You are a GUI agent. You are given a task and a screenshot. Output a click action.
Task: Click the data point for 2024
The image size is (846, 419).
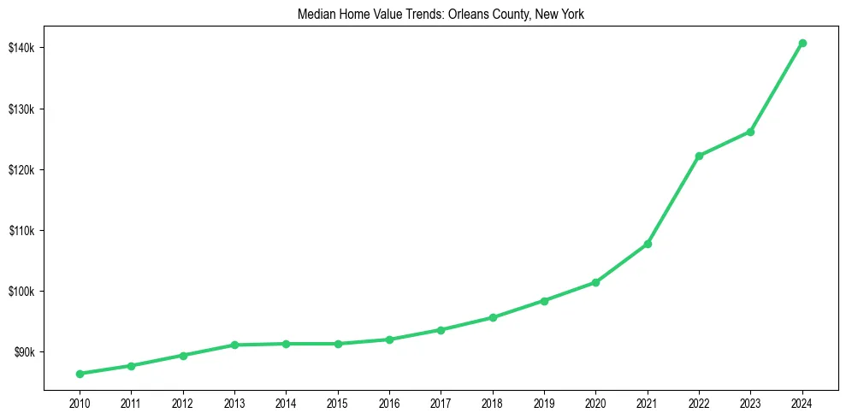click(x=802, y=43)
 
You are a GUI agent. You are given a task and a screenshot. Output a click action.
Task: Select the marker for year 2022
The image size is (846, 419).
click(x=699, y=156)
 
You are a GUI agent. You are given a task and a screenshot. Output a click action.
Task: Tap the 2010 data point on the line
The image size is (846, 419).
click(x=80, y=374)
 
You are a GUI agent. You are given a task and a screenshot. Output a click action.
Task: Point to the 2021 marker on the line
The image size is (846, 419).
click(x=648, y=244)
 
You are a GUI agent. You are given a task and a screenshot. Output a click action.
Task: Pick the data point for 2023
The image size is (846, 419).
click(x=750, y=132)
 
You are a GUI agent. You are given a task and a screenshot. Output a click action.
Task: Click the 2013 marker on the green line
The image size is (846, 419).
click(x=234, y=345)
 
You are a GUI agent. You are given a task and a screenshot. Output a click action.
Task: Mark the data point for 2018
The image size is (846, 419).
click(x=493, y=317)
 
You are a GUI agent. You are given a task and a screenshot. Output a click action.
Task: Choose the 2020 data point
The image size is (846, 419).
click(x=595, y=282)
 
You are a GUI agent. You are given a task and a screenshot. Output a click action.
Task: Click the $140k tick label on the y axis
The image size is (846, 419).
click(x=21, y=48)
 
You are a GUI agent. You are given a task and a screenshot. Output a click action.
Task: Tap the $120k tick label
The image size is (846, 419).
click(x=21, y=169)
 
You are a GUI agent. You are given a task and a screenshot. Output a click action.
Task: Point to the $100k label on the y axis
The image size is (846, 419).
click(x=21, y=292)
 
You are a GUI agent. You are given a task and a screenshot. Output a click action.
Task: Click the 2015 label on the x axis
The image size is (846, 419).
click(x=338, y=403)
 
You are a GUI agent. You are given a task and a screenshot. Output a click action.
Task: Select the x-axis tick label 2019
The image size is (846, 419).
click(x=544, y=403)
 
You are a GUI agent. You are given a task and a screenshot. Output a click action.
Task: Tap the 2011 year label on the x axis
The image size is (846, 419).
click(x=131, y=403)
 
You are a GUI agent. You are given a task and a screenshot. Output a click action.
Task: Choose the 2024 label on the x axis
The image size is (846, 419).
click(x=802, y=403)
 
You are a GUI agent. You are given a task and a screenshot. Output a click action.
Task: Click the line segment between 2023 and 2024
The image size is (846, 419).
click(x=777, y=87)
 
